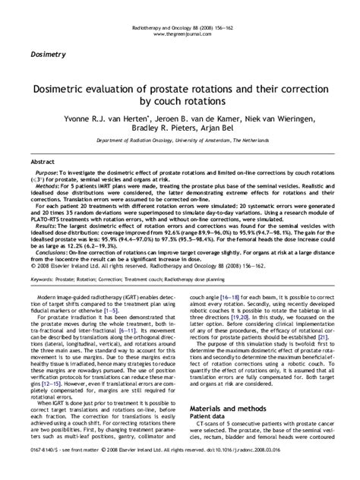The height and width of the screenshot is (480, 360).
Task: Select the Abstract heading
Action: point(42,163)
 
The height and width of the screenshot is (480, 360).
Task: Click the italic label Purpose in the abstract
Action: point(47,174)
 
